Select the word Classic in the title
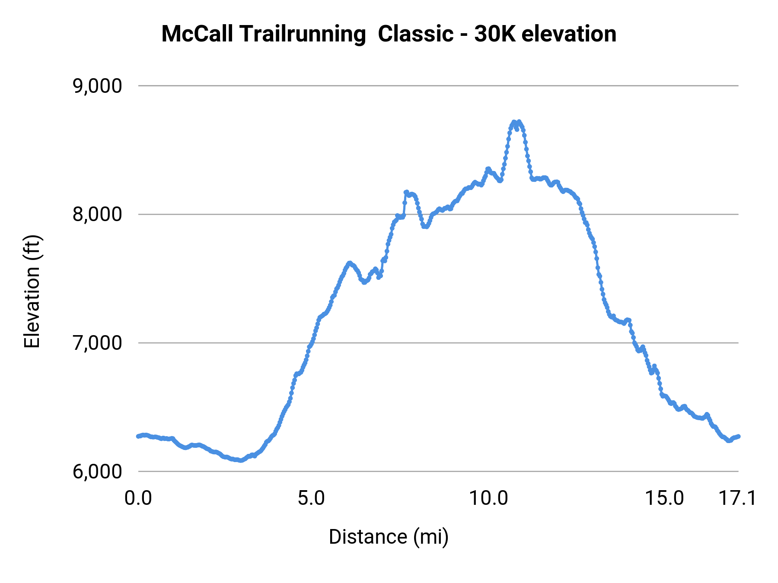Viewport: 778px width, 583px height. [x=415, y=34]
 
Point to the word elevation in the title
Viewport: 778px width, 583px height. [x=569, y=34]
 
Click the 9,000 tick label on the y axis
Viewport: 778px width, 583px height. [x=97, y=86]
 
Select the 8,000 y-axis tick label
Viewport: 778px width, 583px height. [x=97, y=214]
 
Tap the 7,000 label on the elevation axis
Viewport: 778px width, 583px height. [x=97, y=343]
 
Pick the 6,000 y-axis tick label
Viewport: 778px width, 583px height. [x=97, y=471]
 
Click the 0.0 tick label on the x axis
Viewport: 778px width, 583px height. [x=138, y=498]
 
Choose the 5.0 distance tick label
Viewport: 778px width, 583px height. [x=311, y=498]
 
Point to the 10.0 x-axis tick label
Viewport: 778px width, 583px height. [x=489, y=498]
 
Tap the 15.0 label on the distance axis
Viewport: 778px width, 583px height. [x=664, y=498]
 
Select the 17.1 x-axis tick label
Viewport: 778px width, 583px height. [x=737, y=498]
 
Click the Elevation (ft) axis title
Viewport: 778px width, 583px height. [x=32, y=291]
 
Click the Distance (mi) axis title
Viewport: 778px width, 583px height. [x=389, y=537]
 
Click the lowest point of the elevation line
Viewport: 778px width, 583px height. [x=241, y=461]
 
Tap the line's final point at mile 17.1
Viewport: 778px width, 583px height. [x=738, y=436]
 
